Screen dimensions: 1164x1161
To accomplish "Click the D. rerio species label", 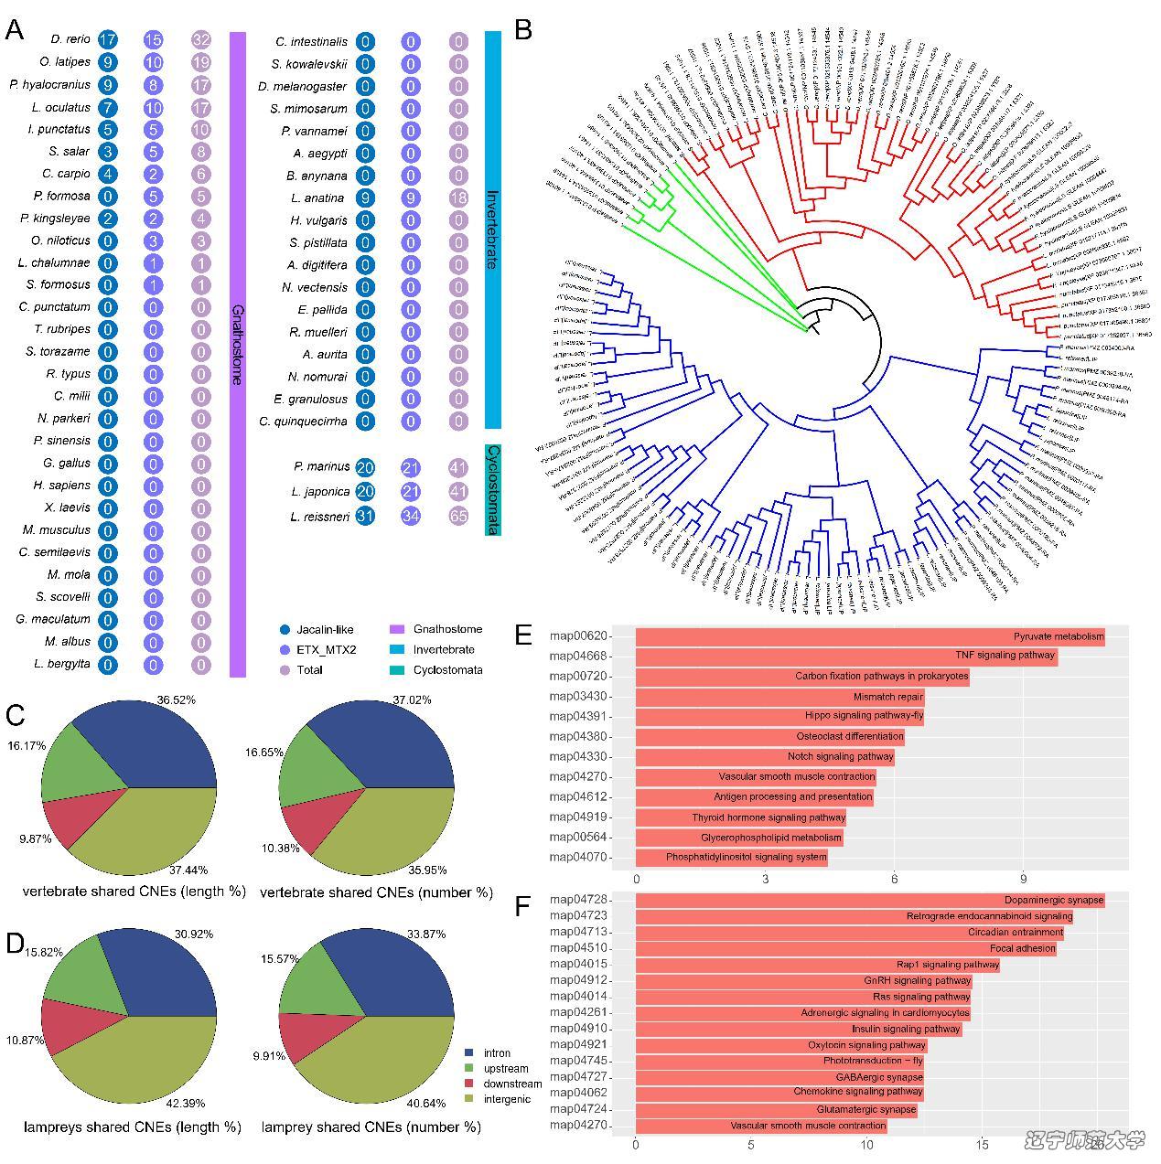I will point(70,39).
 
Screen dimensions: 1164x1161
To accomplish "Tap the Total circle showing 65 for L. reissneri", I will point(458,516).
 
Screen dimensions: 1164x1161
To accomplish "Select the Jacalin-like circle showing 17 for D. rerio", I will point(107,39).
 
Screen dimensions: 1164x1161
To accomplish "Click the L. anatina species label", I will point(317,198).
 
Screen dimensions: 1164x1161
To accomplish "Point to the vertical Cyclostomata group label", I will point(493,489).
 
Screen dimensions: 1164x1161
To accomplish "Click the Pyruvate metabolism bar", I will point(869,636).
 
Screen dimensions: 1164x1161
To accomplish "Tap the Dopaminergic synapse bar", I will point(869,901).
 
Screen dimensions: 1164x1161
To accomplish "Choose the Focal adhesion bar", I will point(845,948).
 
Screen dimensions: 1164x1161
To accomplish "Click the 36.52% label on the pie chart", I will point(177,700).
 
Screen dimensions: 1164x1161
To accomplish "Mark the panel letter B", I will point(523,30).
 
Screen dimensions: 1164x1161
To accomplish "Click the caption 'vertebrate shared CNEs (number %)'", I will point(376,892).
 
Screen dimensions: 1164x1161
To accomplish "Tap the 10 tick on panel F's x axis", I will point(866,1144).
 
